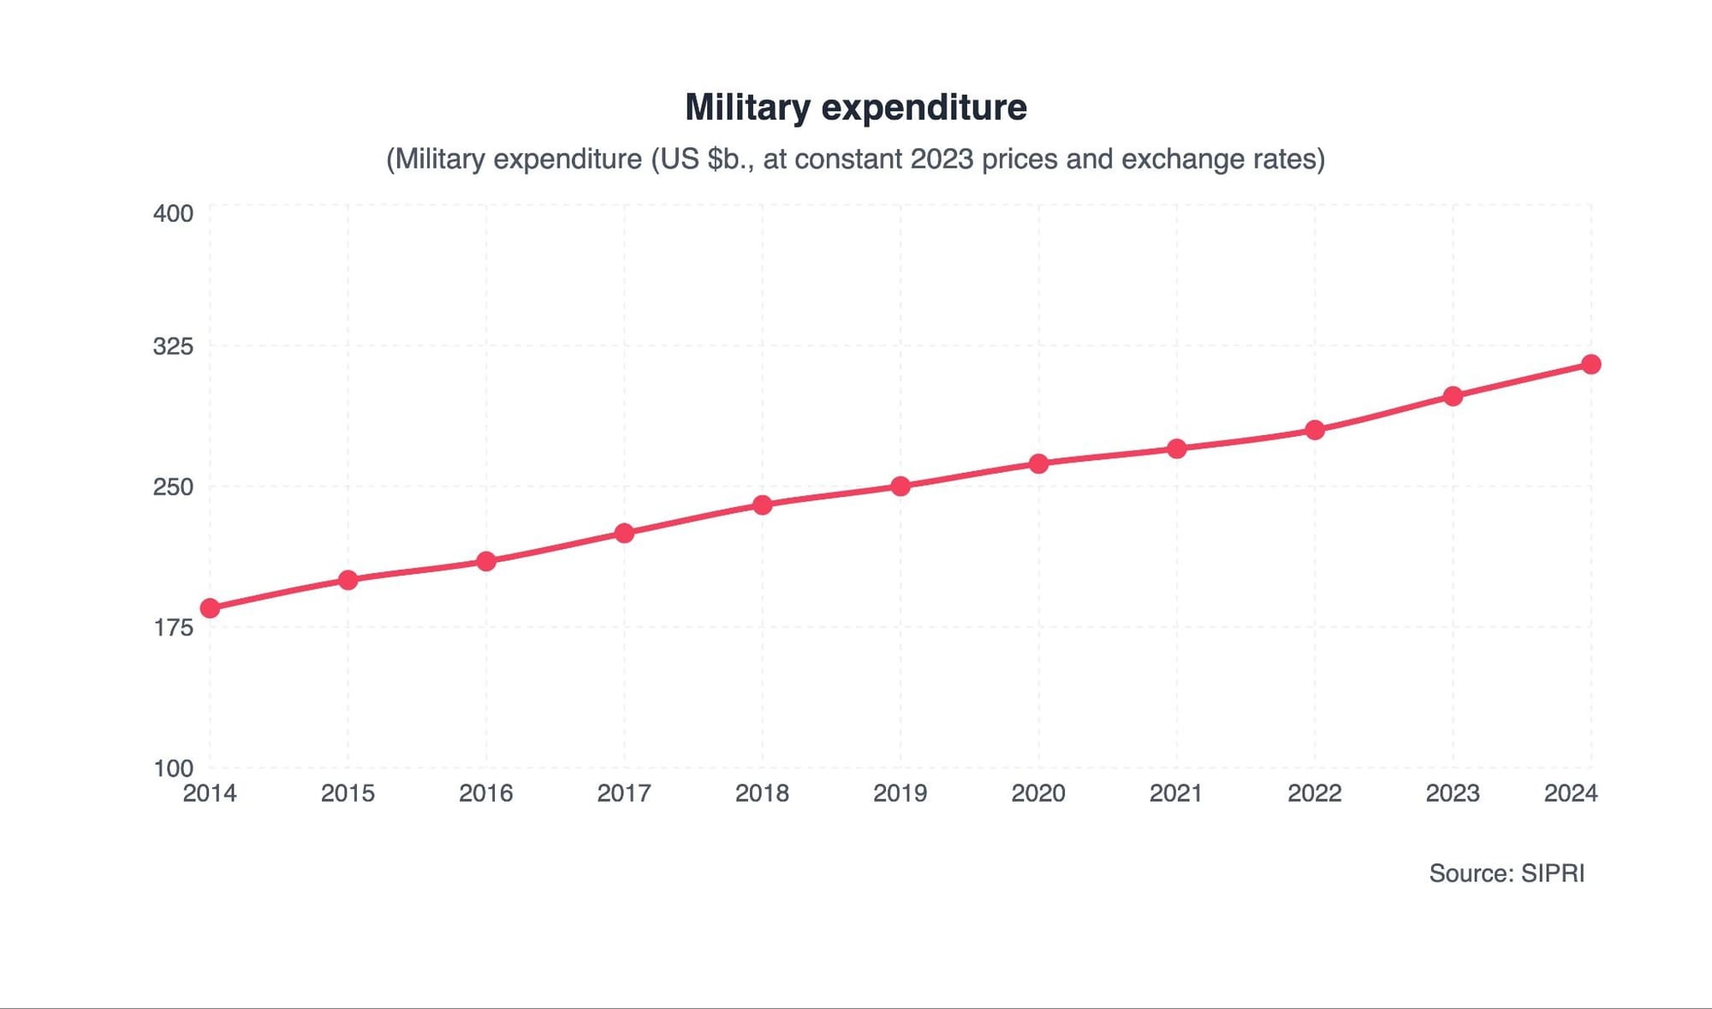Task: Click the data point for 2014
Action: (x=210, y=608)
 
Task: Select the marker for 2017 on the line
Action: (x=624, y=533)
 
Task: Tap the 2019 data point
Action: (x=901, y=487)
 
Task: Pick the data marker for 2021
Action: (x=1177, y=449)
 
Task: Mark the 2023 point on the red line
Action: (x=1453, y=397)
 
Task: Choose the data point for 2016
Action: (x=486, y=561)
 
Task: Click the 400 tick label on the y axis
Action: (x=173, y=213)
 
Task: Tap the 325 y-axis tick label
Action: (x=173, y=347)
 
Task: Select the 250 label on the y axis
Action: (x=173, y=487)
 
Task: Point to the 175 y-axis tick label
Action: (x=173, y=628)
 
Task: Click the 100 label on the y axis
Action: (x=173, y=768)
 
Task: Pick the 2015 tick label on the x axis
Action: (x=348, y=794)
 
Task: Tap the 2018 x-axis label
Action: (x=762, y=794)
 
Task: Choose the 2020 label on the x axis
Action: (x=1038, y=794)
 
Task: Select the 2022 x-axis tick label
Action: (x=1315, y=794)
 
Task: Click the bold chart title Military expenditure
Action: (x=856, y=108)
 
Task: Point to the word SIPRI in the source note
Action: (x=1553, y=874)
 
